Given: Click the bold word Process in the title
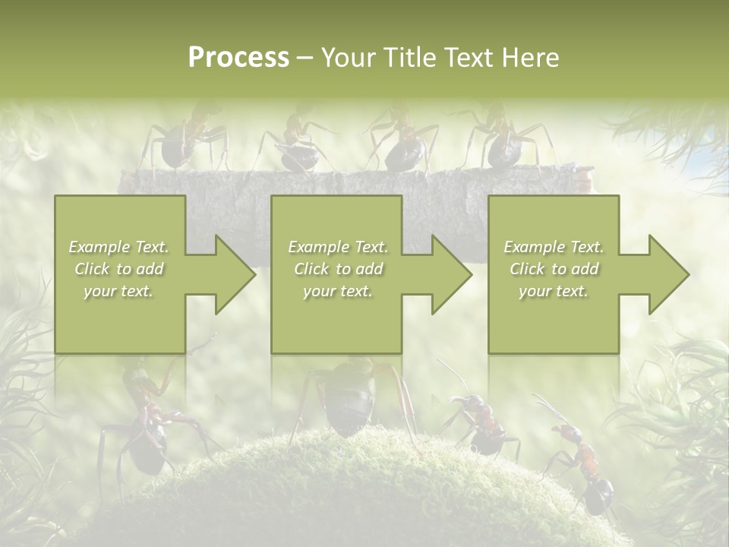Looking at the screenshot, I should point(238,57).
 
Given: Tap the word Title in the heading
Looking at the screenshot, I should point(411,57).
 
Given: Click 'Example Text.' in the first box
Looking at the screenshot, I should point(118,247).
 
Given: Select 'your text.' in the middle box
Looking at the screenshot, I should point(337,291).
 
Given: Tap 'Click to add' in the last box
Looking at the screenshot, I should point(554,269).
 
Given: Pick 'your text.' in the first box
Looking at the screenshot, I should point(118,291).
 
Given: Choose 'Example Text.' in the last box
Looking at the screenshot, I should point(554,247).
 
